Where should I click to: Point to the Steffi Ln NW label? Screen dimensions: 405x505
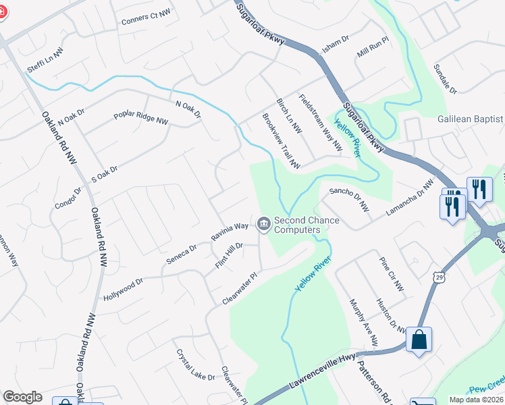coord(45,51)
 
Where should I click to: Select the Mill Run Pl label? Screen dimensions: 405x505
coord(373,51)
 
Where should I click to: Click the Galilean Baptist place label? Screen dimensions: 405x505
coord(470,119)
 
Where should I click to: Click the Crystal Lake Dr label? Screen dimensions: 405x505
coord(195,364)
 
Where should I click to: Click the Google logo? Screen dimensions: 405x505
coord(22,397)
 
